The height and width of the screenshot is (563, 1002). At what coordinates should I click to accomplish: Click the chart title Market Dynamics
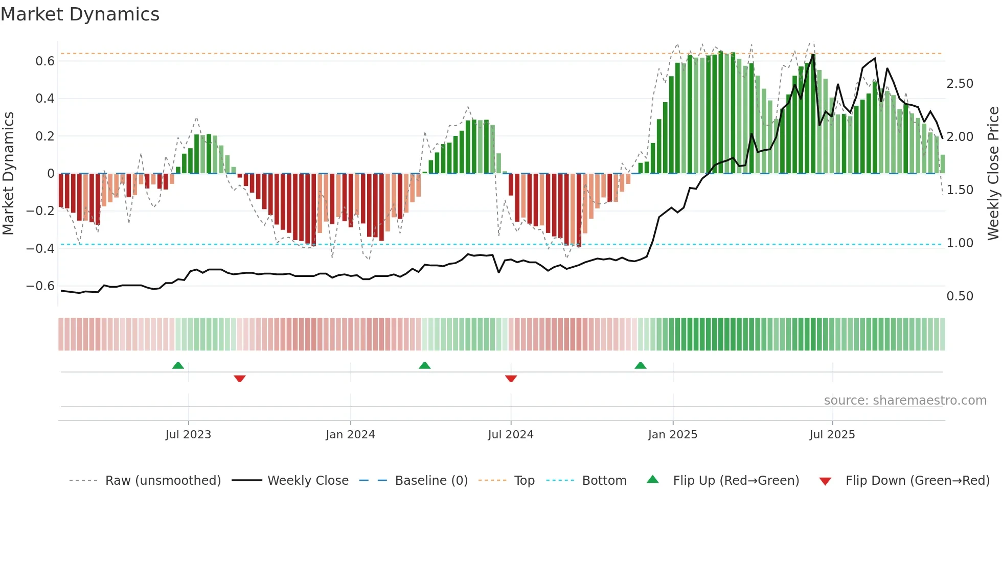pos(80,14)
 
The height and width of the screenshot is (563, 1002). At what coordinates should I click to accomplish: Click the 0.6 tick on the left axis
pos(44,61)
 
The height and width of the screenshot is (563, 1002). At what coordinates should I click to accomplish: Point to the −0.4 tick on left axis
pos(40,248)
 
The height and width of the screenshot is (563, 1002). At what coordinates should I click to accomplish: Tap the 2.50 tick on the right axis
pos(960,84)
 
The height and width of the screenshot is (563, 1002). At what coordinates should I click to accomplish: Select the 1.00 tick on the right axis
pos(960,243)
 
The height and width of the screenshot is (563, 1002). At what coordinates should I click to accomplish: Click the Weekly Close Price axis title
pos(993,173)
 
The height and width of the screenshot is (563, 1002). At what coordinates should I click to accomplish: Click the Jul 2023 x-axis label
pos(188,435)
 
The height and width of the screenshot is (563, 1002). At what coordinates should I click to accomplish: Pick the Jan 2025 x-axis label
pos(672,435)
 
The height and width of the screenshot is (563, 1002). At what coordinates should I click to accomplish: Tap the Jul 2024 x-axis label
pos(510,435)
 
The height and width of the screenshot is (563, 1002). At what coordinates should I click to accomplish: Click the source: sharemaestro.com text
pos(905,401)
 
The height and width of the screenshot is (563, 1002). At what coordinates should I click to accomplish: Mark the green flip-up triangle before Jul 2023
pos(178,366)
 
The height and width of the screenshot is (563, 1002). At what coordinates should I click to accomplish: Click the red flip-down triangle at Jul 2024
pos(511,378)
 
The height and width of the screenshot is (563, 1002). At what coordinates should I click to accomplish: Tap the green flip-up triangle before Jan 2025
pos(640,366)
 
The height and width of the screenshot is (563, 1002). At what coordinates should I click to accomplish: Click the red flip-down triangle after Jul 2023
pos(240,378)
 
